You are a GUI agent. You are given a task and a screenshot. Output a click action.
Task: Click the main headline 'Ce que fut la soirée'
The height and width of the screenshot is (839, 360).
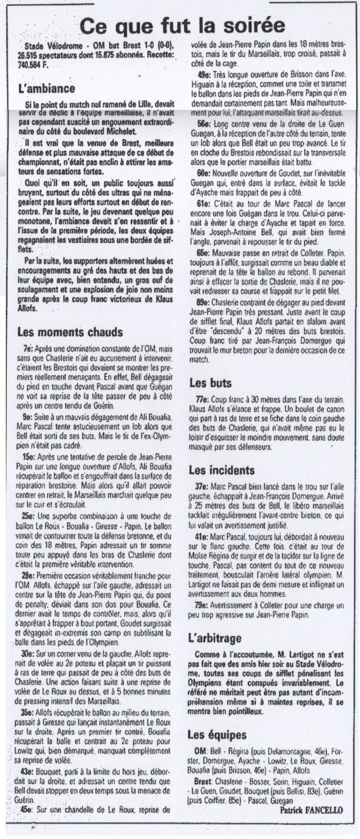182,26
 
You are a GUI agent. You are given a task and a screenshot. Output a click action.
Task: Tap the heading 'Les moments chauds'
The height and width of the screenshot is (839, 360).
70,332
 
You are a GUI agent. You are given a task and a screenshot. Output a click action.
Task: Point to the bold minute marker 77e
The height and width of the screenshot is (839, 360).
202,399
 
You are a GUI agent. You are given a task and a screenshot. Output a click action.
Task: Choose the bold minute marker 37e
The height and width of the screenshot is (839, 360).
202,486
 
